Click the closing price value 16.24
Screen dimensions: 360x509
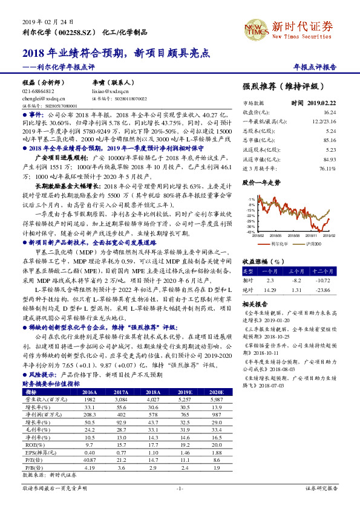[329, 112]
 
